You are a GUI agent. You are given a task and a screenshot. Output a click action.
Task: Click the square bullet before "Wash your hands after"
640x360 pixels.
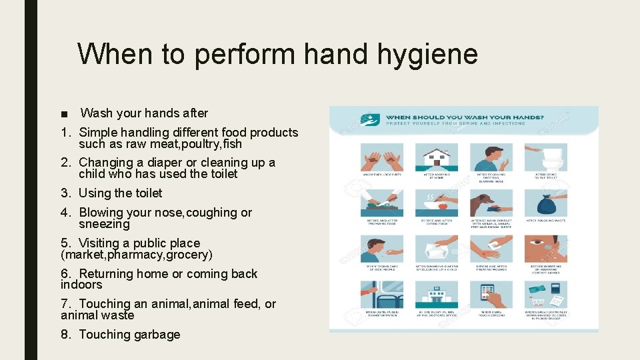[64, 114]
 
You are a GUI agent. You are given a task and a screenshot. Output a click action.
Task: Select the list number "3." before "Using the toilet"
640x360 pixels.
[67, 193]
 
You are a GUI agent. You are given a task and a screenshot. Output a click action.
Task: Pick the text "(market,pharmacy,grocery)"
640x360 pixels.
[137, 255]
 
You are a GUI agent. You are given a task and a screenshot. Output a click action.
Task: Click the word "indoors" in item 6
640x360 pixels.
[81, 285]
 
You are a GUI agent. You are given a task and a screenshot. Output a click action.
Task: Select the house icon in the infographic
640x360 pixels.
[437, 157]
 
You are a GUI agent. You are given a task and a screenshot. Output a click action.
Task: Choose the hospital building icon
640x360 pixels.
[437, 293]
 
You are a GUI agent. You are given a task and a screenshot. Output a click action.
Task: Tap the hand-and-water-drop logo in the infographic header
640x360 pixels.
[367, 120]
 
